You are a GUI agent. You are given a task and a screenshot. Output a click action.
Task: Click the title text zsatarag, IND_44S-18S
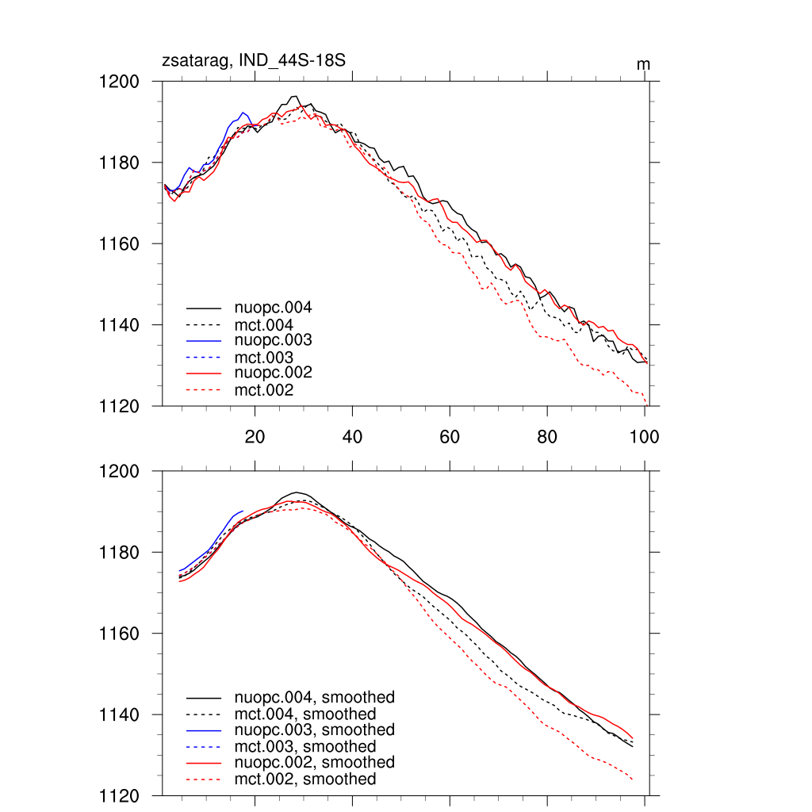pos(253,61)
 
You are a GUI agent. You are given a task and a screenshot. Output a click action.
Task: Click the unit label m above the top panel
pos(643,64)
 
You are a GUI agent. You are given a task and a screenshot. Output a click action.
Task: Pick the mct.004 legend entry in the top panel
pos(263,324)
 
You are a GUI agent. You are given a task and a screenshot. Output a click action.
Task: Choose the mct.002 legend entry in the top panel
pos(263,390)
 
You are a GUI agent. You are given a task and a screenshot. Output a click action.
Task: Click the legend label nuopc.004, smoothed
pos(314,698)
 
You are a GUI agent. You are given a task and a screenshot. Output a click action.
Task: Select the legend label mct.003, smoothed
pos(305,747)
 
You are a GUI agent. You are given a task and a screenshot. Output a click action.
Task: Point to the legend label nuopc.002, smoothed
pos(314,762)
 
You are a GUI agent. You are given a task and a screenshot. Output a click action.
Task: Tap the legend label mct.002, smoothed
pos(305,779)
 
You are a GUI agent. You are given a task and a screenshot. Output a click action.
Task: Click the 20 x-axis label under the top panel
pos(255,437)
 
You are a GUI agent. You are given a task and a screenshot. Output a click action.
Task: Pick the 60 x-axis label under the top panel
pos(450,437)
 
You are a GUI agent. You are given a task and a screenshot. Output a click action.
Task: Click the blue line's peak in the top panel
pos(243,113)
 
